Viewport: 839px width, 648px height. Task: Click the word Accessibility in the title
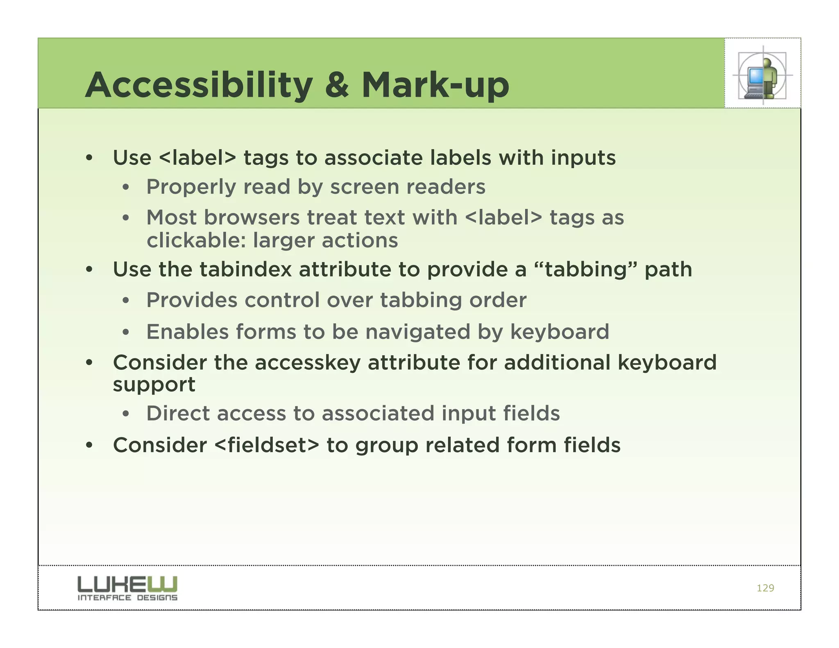pyautogui.click(x=199, y=85)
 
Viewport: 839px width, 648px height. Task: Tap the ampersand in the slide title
pyautogui.click(x=337, y=85)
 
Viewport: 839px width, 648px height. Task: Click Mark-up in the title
pyautogui.click(x=435, y=85)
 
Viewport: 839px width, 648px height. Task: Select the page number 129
pyautogui.click(x=765, y=588)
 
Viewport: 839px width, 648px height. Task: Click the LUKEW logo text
pyautogui.click(x=127, y=584)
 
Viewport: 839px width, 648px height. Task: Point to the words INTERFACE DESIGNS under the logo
pyautogui.click(x=127, y=598)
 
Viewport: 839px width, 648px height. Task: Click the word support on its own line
pyautogui.click(x=154, y=385)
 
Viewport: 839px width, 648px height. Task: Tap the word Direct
pyautogui.click(x=178, y=413)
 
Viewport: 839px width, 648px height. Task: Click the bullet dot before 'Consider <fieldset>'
pyautogui.click(x=89, y=445)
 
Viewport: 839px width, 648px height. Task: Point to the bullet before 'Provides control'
pyautogui.click(x=126, y=301)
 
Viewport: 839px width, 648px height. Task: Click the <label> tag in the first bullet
pyautogui.click(x=197, y=158)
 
